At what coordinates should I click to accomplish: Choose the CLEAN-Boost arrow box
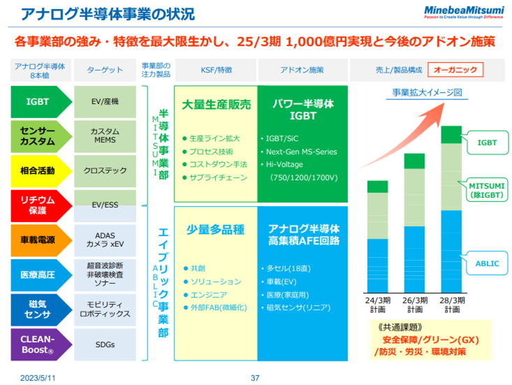tap(39, 344)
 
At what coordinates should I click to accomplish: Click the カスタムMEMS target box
tap(105, 136)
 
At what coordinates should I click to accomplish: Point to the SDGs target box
tap(105, 344)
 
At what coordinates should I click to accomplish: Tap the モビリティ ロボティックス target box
tap(105, 310)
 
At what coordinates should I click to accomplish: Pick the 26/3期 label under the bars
tap(415, 305)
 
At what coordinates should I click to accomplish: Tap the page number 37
tap(255, 378)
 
